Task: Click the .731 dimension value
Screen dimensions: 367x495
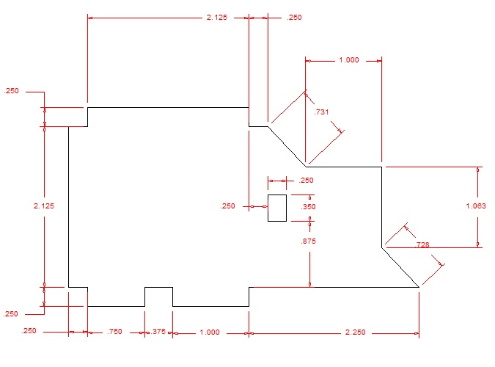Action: [x=321, y=112]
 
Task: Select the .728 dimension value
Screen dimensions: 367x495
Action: [x=422, y=244]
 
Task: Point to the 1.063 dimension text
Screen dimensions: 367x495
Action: [x=476, y=206]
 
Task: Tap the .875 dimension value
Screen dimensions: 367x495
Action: [x=308, y=241]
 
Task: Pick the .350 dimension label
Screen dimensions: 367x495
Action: [x=308, y=207]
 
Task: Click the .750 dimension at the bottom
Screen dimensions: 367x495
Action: [x=114, y=333]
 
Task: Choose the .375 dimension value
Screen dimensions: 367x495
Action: [x=158, y=333]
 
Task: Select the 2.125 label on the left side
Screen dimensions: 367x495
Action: [x=44, y=206]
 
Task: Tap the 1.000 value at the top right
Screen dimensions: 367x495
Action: [x=348, y=61]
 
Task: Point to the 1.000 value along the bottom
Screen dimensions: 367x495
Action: [x=209, y=333]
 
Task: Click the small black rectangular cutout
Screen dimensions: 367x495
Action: [x=277, y=208]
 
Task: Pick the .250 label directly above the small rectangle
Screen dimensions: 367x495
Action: [x=306, y=181]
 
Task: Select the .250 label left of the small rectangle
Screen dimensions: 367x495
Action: [x=228, y=206]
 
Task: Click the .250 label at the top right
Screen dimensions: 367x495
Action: [x=293, y=17]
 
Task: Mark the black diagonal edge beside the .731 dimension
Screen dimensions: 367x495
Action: [x=286, y=146]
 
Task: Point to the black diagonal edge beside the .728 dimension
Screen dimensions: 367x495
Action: [x=400, y=267]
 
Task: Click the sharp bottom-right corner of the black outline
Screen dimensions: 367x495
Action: [x=418, y=287]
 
